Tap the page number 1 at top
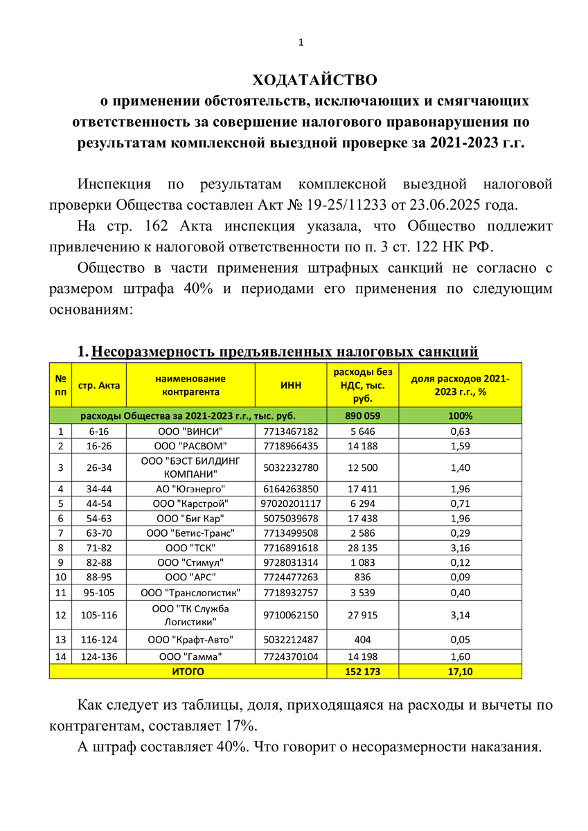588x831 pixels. tap(301, 43)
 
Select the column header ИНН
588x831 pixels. tap(290, 385)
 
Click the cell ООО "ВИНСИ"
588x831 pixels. tap(190, 431)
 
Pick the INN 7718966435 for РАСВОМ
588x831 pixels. tap(290, 445)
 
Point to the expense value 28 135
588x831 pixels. tap(362, 547)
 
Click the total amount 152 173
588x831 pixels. tap(362, 671)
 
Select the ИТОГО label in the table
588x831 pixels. tap(187, 671)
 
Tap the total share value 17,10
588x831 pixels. tap(460, 671)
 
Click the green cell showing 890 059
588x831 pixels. tap(362, 416)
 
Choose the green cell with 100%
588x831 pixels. tap(460, 416)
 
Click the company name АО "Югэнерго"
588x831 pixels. tap(190, 489)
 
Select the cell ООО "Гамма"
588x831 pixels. tap(190, 656)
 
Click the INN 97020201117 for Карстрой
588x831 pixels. tap(290, 503)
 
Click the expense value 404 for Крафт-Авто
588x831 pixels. tap(362, 641)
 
